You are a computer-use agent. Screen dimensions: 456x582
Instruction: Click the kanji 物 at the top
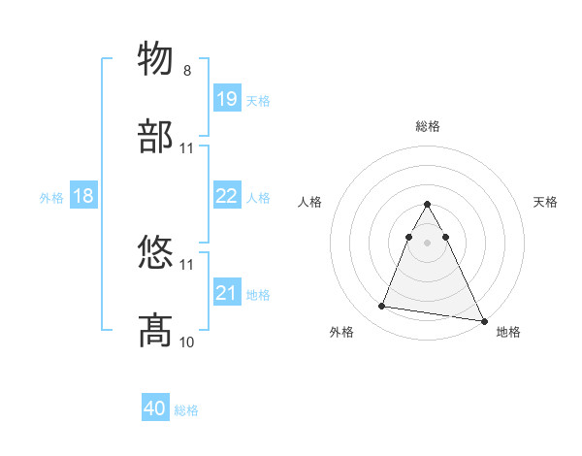point(157,58)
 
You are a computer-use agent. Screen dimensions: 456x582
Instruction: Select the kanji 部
point(157,137)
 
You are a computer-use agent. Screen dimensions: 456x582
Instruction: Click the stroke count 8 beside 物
point(187,70)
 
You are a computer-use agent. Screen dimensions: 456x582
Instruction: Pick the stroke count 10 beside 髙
point(187,342)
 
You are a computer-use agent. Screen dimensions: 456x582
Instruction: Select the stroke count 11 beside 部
point(187,148)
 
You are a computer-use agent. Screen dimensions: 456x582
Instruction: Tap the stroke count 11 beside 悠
point(187,264)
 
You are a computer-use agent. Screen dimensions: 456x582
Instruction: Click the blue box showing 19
point(227,99)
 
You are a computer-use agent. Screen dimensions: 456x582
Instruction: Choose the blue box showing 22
point(227,196)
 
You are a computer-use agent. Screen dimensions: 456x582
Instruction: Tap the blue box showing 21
point(227,293)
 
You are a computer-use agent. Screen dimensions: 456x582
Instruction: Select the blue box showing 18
point(83,196)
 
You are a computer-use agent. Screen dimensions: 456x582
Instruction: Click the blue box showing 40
point(155,409)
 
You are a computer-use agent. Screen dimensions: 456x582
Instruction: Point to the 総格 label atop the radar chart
point(428,126)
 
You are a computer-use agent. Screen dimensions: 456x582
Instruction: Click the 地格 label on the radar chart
point(508,333)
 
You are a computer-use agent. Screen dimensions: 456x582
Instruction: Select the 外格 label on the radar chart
point(341,333)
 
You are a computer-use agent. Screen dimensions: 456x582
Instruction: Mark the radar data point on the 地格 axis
point(482,319)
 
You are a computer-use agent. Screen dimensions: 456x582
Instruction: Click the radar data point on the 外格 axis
point(381,307)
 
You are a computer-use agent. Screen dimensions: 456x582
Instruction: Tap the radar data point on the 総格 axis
point(428,205)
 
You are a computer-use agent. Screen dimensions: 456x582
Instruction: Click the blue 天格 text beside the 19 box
point(258,101)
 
